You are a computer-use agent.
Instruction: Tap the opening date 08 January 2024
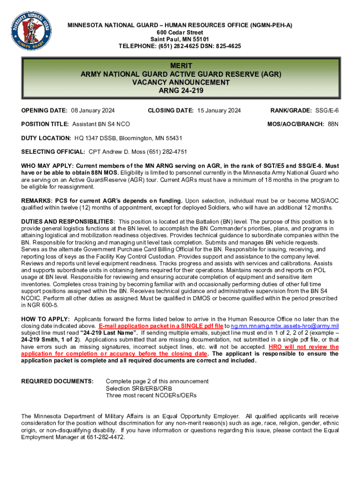93,110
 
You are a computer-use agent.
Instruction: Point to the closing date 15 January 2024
218,110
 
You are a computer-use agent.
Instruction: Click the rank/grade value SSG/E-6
326,110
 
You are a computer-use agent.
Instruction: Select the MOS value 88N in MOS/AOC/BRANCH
333,124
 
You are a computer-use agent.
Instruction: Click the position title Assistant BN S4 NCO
101,124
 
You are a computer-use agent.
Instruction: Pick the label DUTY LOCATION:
46,138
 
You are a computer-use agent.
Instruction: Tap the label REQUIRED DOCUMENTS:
58,381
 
